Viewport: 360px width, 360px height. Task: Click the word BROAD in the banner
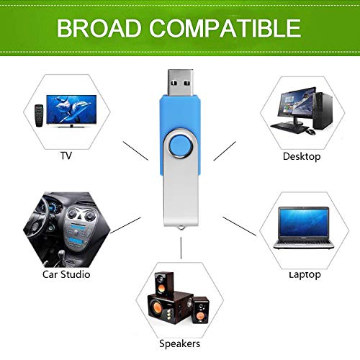point(99,28)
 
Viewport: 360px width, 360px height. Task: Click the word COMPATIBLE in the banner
point(225,28)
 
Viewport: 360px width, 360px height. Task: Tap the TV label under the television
point(66,156)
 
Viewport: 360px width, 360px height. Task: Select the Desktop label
point(302,157)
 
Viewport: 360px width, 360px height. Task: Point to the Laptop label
point(305,275)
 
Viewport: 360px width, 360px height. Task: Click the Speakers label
point(179,343)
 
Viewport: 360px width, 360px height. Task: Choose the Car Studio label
point(66,274)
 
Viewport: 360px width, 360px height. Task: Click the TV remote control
point(39,115)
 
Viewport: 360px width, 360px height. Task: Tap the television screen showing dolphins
point(71,109)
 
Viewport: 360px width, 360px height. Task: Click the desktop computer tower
point(323,111)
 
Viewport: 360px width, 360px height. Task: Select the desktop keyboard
point(289,127)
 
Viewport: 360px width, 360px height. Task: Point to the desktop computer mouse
point(310,132)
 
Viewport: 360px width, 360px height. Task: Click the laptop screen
point(304,222)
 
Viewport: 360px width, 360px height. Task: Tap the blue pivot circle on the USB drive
point(181,145)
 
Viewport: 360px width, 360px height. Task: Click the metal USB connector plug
point(181,83)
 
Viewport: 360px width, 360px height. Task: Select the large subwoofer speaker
point(169,308)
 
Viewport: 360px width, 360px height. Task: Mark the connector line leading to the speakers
point(181,248)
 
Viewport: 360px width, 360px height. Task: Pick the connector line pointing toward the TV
point(135,150)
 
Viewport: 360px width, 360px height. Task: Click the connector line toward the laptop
point(240,226)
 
